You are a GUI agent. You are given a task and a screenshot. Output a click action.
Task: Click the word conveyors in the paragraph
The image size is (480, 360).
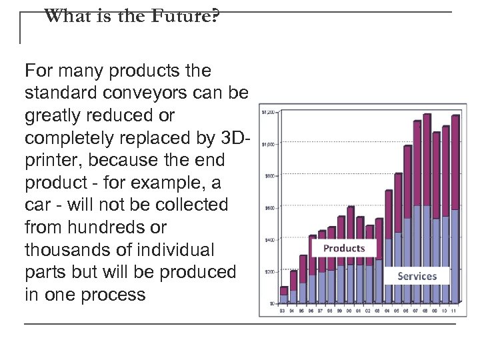tap(161, 93)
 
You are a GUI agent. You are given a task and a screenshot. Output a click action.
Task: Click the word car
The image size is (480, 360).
tap(37, 205)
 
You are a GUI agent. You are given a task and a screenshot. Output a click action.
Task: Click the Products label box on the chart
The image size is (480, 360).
tap(344, 248)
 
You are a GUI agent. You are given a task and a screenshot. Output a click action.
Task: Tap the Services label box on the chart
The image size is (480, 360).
tap(417, 275)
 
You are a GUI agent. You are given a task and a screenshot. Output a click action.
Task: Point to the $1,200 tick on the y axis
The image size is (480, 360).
tap(267, 111)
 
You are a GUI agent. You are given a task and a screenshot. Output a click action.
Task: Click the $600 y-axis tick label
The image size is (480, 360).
tap(269, 207)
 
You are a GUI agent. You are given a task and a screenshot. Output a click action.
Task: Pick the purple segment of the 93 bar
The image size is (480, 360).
tap(283, 291)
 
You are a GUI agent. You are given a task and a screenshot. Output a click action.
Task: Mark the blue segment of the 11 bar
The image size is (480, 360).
tap(455, 256)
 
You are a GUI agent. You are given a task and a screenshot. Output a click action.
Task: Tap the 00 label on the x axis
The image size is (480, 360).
tap(350, 310)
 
